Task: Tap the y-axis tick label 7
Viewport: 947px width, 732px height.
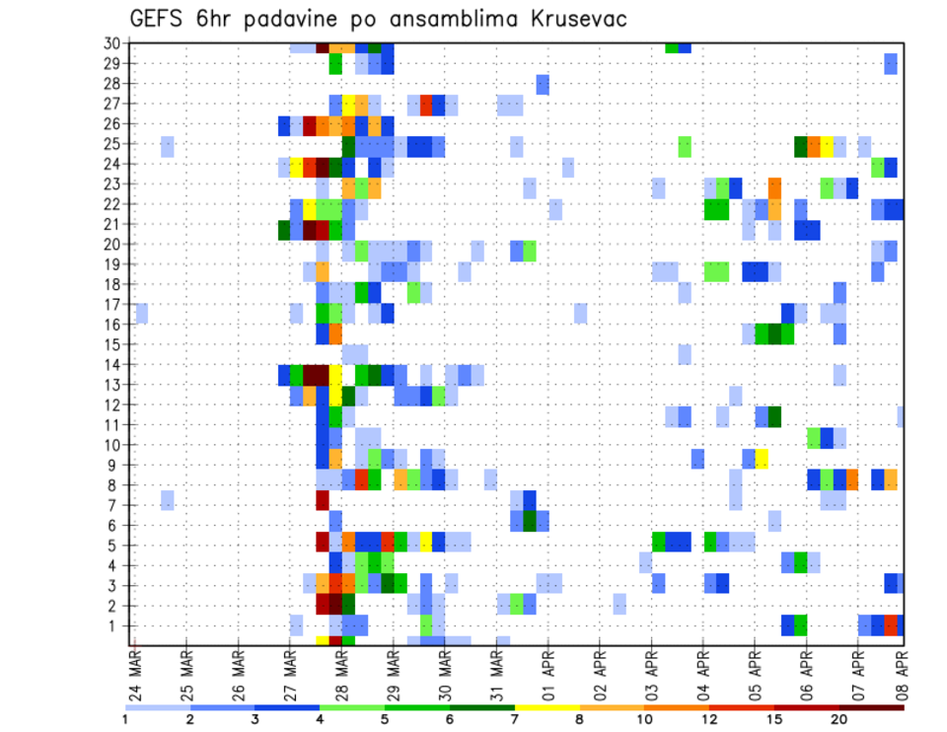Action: [x=114, y=505]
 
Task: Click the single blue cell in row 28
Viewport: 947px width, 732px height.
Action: [x=543, y=85]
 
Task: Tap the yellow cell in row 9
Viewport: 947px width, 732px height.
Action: [x=762, y=460]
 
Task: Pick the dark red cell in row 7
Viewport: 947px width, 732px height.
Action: [x=323, y=500]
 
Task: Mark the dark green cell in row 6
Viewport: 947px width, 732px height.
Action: [x=530, y=520]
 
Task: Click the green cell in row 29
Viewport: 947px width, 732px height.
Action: [x=335, y=64]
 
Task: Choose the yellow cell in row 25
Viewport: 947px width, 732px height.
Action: [x=827, y=145]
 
